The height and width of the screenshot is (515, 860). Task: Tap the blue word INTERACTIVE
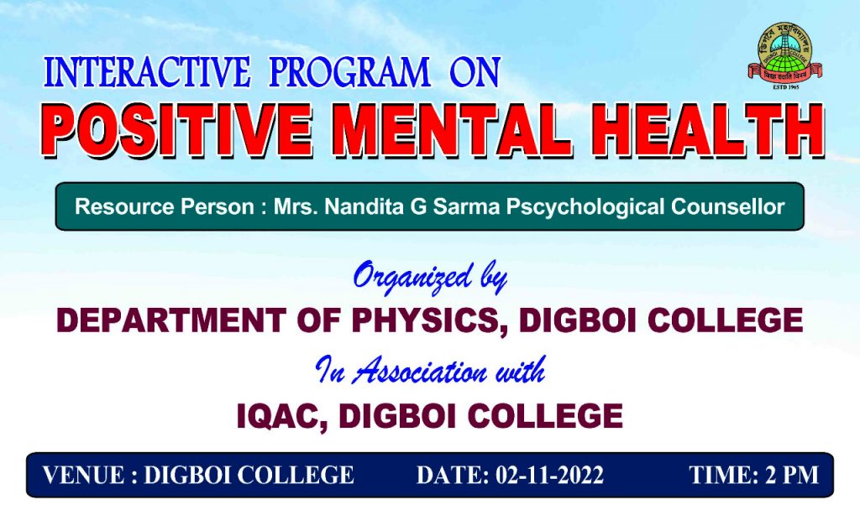point(147,72)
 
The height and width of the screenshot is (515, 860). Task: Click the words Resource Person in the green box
point(164,206)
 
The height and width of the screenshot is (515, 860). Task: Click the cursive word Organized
point(412,278)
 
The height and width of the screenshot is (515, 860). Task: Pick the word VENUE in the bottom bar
point(83,475)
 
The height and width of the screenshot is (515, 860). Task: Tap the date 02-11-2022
point(549,475)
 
